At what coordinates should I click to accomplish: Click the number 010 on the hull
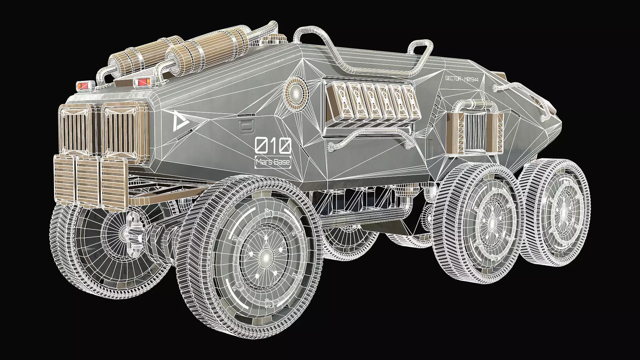tap(273, 146)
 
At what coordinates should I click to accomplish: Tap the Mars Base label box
tap(273, 163)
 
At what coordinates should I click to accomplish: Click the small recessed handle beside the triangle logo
tap(247, 126)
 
